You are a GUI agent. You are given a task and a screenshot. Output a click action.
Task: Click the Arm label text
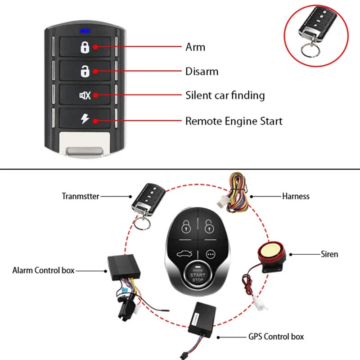coord(195,47)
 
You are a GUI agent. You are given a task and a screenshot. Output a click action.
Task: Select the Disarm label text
coord(202,71)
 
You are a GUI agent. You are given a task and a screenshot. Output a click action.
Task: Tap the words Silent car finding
coord(225,95)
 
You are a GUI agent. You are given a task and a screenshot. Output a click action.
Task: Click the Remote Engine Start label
coord(234,121)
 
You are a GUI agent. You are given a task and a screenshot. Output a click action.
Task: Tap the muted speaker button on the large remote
coord(85,95)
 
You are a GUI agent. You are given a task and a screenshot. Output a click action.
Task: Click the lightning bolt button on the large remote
coord(85,119)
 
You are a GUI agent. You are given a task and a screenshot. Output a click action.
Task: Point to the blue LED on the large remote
coord(85,31)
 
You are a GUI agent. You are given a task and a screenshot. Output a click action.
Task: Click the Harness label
coord(296,196)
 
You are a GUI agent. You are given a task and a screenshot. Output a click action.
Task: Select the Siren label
coord(329,254)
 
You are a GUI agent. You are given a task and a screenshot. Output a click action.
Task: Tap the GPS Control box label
coord(276,336)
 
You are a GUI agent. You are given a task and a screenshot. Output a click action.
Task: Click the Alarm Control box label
coord(43,270)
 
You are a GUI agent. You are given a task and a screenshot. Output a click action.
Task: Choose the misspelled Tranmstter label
coord(81,196)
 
